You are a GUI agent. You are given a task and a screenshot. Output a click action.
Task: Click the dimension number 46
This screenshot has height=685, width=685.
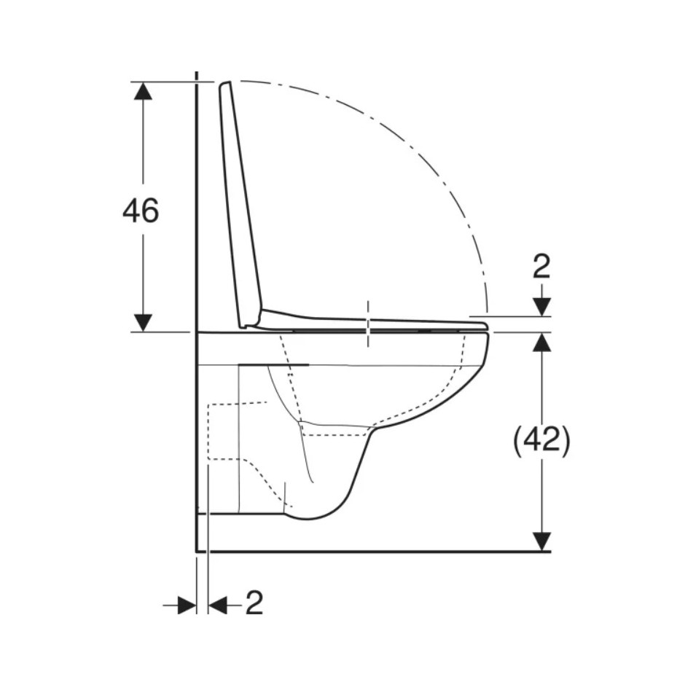141,211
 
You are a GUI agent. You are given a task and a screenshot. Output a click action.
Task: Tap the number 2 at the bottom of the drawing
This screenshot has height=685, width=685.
254,603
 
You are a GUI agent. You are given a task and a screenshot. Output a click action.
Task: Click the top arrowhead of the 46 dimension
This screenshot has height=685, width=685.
143,91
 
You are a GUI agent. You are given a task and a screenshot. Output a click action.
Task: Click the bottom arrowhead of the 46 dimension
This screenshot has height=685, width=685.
143,322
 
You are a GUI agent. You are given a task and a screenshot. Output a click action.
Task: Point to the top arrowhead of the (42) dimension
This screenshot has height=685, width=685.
542,342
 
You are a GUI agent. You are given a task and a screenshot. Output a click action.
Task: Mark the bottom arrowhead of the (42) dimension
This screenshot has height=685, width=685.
542,541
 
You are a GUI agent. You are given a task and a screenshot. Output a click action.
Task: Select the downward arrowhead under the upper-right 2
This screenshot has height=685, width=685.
542,307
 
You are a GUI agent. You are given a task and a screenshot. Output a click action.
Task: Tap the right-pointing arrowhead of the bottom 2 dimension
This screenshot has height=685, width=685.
187,605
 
